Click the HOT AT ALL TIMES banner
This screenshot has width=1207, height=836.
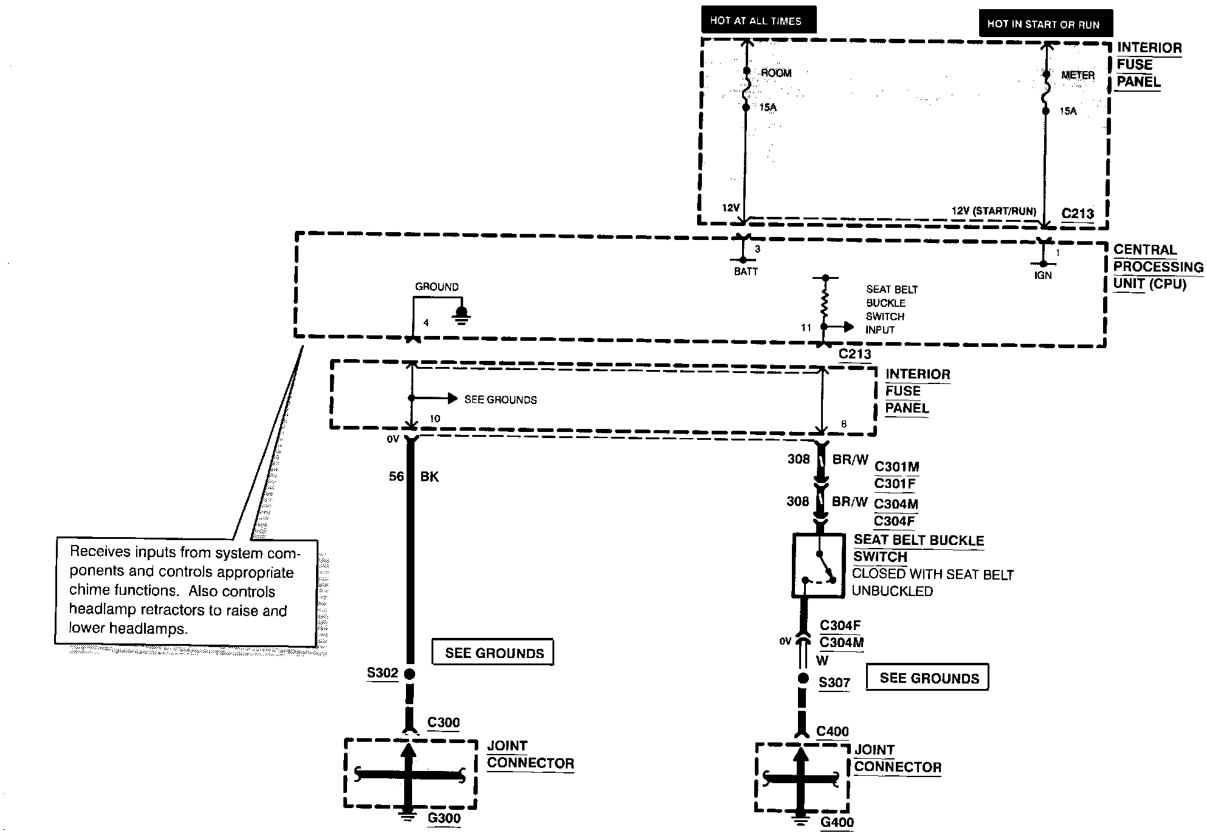click(x=758, y=20)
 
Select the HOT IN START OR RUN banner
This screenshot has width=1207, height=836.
click(x=1045, y=24)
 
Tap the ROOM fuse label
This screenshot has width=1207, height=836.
click(x=776, y=73)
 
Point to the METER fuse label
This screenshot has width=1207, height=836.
click(x=1078, y=75)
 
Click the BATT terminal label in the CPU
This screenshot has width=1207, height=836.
click(x=746, y=272)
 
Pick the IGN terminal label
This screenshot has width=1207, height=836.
click(x=1043, y=275)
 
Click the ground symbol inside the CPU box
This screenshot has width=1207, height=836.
click(x=462, y=315)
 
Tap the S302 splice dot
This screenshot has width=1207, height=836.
click(x=410, y=674)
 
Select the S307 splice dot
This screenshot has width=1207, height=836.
click(x=803, y=679)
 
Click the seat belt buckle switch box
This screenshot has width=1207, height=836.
click(x=818, y=566)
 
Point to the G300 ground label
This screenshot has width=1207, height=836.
click(x=444, y=818)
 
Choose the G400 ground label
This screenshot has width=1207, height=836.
click(x=837, y=822)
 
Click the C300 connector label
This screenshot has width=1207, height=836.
click(x=444, y=722)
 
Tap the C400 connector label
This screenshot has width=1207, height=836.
click(x=832, y=731)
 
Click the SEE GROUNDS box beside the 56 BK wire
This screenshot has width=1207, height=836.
click(x=493, y=653)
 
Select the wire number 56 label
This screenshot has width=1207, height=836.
click(x=396, y=476)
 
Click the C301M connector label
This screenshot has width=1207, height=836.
click(x=896, y=467)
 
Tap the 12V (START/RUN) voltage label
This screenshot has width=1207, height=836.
click(x=994, y=211)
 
